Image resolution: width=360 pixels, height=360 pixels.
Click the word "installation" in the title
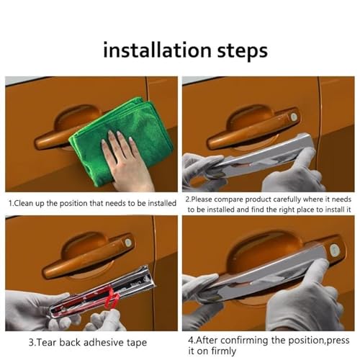point(157,50)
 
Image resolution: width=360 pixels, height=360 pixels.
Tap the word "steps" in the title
point(243,52)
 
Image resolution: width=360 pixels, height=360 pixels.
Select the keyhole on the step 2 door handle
point(293,117)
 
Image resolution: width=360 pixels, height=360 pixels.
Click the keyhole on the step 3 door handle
point(128,243)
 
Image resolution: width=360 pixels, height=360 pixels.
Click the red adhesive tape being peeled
point(113,297)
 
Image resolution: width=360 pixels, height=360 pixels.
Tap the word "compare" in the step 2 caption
point(229,199)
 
